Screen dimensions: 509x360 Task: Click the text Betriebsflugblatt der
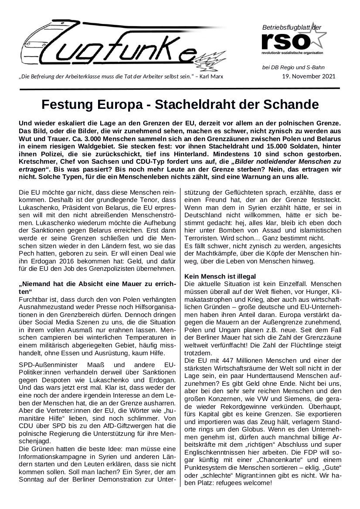(292, 28)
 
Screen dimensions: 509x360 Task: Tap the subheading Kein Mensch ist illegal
(220, 276)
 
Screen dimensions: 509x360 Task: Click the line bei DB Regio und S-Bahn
(293, 67)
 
